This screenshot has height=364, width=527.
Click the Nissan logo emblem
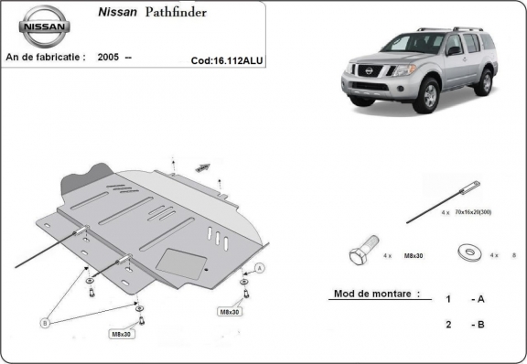[x=45, y=27]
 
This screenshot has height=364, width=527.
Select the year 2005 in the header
[x=109, y=57]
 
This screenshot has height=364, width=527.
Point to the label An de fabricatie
[x=46, y=57]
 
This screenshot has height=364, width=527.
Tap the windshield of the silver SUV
[x=412, y=43]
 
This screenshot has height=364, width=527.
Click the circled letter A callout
[x=260, y=267]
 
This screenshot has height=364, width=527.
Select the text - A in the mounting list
[x=478, y=299]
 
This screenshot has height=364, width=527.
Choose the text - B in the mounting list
[x=478, y=325]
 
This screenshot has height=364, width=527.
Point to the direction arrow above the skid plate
[x=202, y=167]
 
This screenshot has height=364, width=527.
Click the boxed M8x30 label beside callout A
[x=229, y=312]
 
